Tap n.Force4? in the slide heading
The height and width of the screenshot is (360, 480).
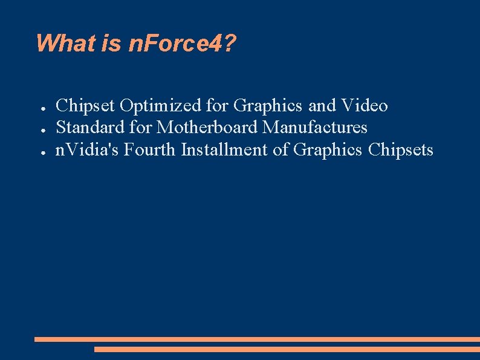183,43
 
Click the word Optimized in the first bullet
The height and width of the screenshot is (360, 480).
161,106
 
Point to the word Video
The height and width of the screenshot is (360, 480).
365,106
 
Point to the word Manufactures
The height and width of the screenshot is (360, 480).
314,128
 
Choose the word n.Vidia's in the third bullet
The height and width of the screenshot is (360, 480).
87,149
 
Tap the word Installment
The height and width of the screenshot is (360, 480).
225,149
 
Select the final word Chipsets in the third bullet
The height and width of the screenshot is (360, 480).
401,149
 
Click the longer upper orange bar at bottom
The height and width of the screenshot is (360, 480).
257,339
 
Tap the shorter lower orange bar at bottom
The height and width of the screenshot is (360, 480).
287,349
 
